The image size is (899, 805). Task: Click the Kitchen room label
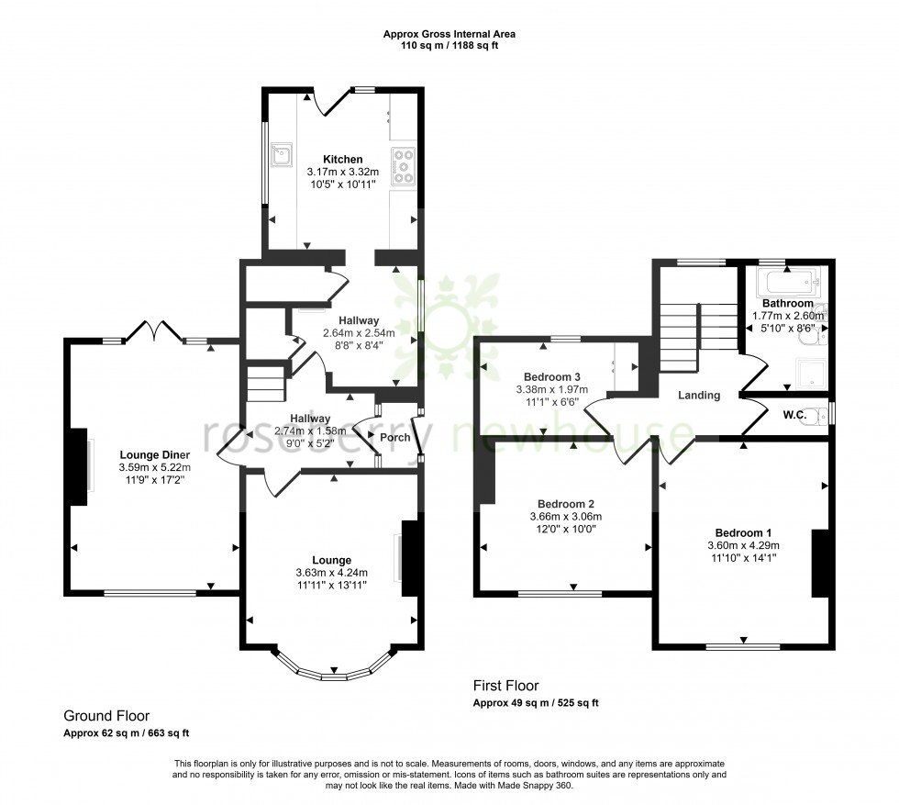(341, 159)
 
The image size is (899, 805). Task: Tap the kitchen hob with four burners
(403, 167)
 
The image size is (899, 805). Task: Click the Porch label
(395, 437)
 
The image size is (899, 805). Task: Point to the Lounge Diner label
(154, 454)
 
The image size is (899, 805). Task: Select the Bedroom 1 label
(743, 533)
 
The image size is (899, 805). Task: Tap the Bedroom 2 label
(566, 504)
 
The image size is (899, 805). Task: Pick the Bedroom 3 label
(552, 376)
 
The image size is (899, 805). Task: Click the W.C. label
(794, 415)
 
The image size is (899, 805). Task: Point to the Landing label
(699, 396)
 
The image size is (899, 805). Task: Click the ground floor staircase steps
(266, 384)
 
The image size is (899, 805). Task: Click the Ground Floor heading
(106, 716)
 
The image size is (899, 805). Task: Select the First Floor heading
(505, 686)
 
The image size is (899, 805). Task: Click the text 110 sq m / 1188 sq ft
(449, 46)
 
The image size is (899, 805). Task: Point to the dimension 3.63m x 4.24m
(331, 574)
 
